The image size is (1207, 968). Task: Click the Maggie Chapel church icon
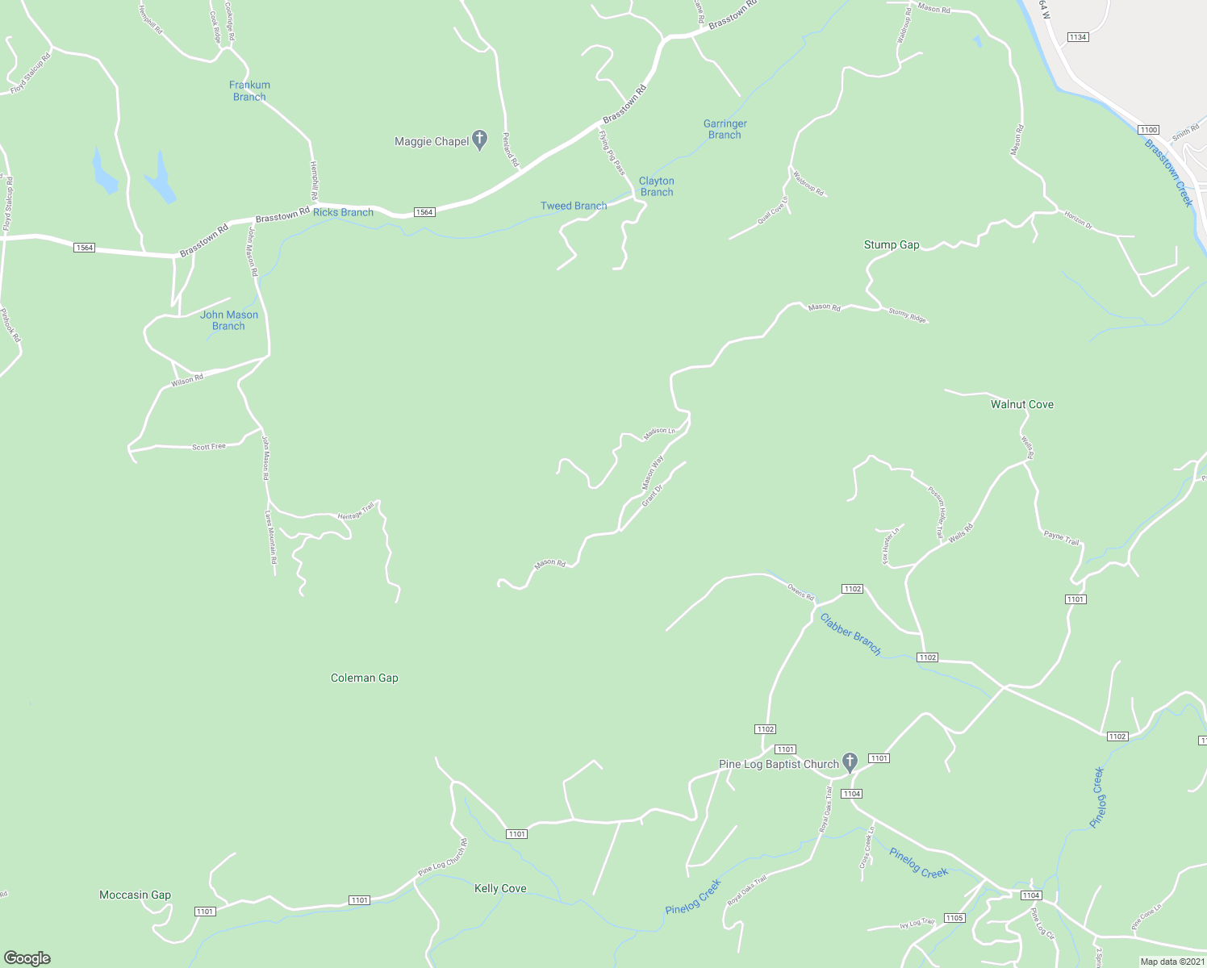pyautogui.click(x=479, y=140)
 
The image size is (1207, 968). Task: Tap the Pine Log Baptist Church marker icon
pyautogui.click(x=849, y=761)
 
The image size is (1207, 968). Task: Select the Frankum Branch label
pyautogui.click(x=249, y=90)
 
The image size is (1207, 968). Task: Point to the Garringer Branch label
pyautogui.click(x=725, y=129)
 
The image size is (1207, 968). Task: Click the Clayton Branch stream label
pyautogui.click(x=656, y=186)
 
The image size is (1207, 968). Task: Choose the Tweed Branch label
pyautogui.click(x=573, y=206)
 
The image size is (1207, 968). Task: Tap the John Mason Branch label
pyautogui.click(x=229, y=320)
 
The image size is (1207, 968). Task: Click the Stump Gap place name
pyautogui.click(x=892, y=244)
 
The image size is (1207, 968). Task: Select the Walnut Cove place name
pyautogui.click(x=1021, y=404)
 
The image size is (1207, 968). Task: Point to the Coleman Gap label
pyautogui.click(x=364, y=678)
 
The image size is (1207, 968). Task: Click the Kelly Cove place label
pyautogui.click(x=500, y=888)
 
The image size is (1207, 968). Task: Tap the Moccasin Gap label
pyautogui.click(x=135, y=895)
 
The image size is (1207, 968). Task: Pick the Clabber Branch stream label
pyautogui.click(x=850, y=634)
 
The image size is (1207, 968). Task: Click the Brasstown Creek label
pyautogui.click(x=1168, y=172)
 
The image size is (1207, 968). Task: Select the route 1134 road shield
pyautogui.click(x=1077, y=37)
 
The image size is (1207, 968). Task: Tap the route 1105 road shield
pyautogui.click(x=954, y=918)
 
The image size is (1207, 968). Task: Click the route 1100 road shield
pyautogui.click(x=1148, y=130)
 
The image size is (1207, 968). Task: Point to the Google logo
pyautogui.click(x=27, y=958)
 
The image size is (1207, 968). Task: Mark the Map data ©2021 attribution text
pyautogui.click(x=1171, y=962)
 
